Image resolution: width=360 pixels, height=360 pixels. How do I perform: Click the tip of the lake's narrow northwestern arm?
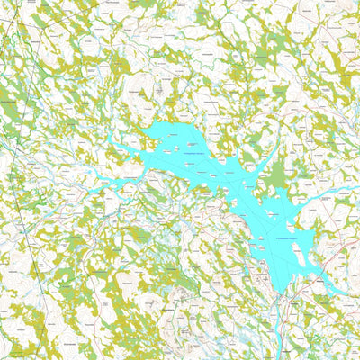point(109,138)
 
